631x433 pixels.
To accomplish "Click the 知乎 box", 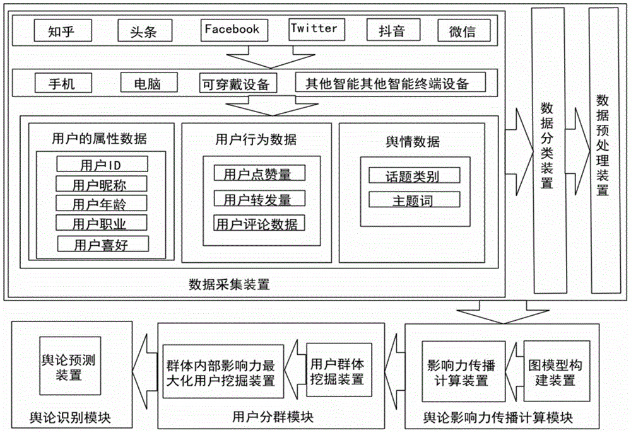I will pos(61,30).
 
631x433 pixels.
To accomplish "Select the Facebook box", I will pos(232,30).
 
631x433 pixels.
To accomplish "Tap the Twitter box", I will pos(314,29).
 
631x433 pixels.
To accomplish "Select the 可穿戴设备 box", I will pos(235,83).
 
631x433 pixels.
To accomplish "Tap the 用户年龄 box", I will pos(101,204).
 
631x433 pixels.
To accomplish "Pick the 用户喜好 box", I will pos(102,244).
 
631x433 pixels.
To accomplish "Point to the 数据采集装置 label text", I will pos(229,284).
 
